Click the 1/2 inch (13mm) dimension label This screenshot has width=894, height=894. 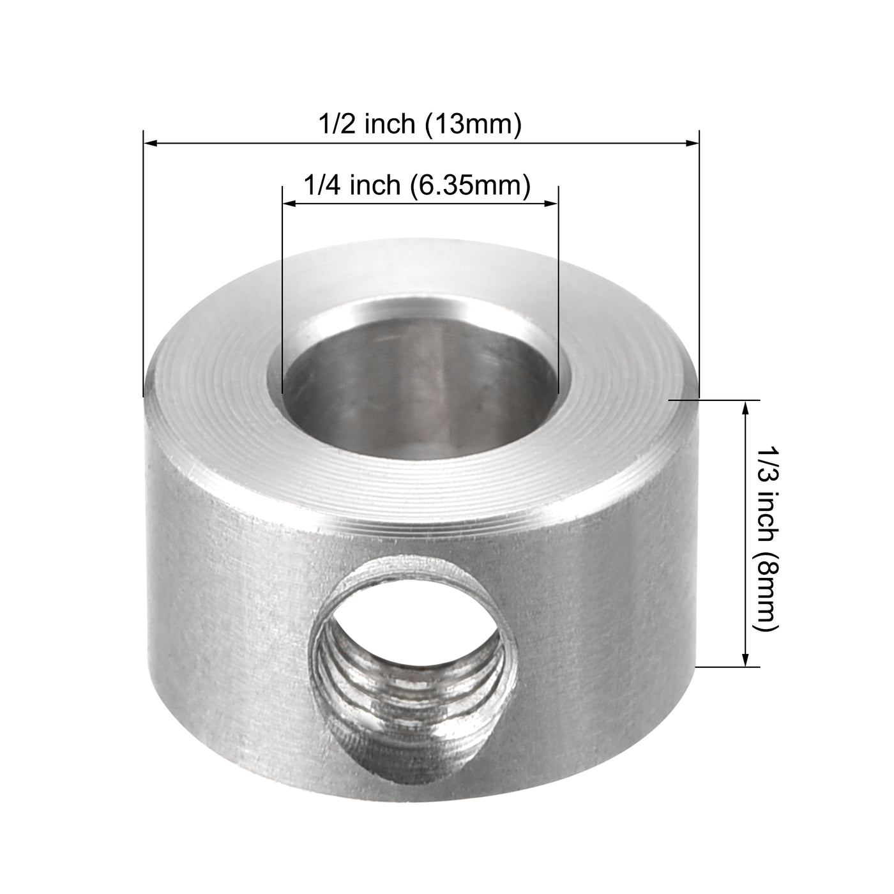point(420,125)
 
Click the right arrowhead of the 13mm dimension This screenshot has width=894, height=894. point(692,144)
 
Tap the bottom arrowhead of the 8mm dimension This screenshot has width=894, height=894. point(745,660)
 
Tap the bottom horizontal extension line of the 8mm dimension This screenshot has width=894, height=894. point(728,667)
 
